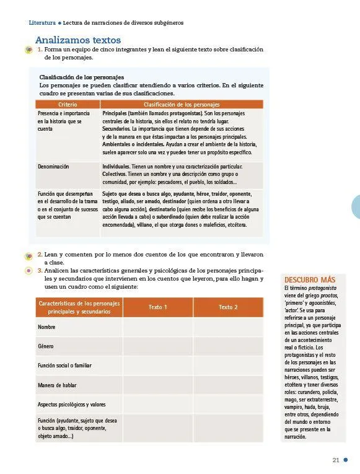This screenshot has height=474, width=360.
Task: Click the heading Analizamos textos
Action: [77, 38]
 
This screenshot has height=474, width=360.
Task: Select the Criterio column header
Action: [68, 105]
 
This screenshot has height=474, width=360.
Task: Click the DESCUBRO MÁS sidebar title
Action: [309, 279]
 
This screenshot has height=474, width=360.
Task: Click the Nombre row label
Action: [46, 327]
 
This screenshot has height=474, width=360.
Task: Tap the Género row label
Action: [46, 346]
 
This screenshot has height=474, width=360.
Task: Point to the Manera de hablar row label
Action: [57, 385]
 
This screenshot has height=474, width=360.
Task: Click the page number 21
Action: [336, 460]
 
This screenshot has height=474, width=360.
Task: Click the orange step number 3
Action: [40, 270]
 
